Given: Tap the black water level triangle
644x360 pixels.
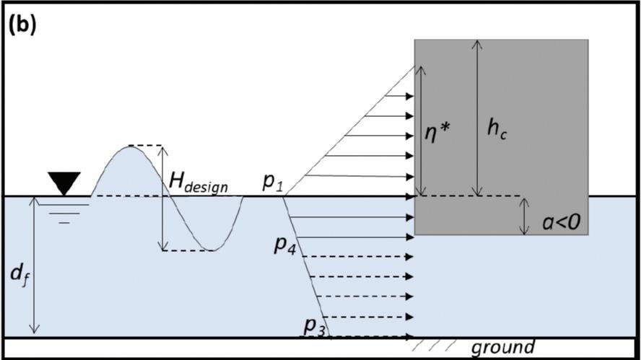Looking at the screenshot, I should [x=64, y=184].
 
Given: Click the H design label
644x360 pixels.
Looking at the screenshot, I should [x=197, y=185].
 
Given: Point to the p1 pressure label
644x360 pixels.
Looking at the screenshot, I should [x=271, y=183].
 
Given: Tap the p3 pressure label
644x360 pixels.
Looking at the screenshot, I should [x=314, y=326].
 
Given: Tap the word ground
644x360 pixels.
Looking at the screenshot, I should [x=502, y=347].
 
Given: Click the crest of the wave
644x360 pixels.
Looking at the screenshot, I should [x=130, y=146].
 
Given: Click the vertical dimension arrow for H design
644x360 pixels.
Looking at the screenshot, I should [x=162, y=198].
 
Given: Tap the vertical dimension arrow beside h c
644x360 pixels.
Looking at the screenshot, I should [x=476, y=118].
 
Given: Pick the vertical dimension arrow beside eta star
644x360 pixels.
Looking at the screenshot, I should [x=422, y=131].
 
